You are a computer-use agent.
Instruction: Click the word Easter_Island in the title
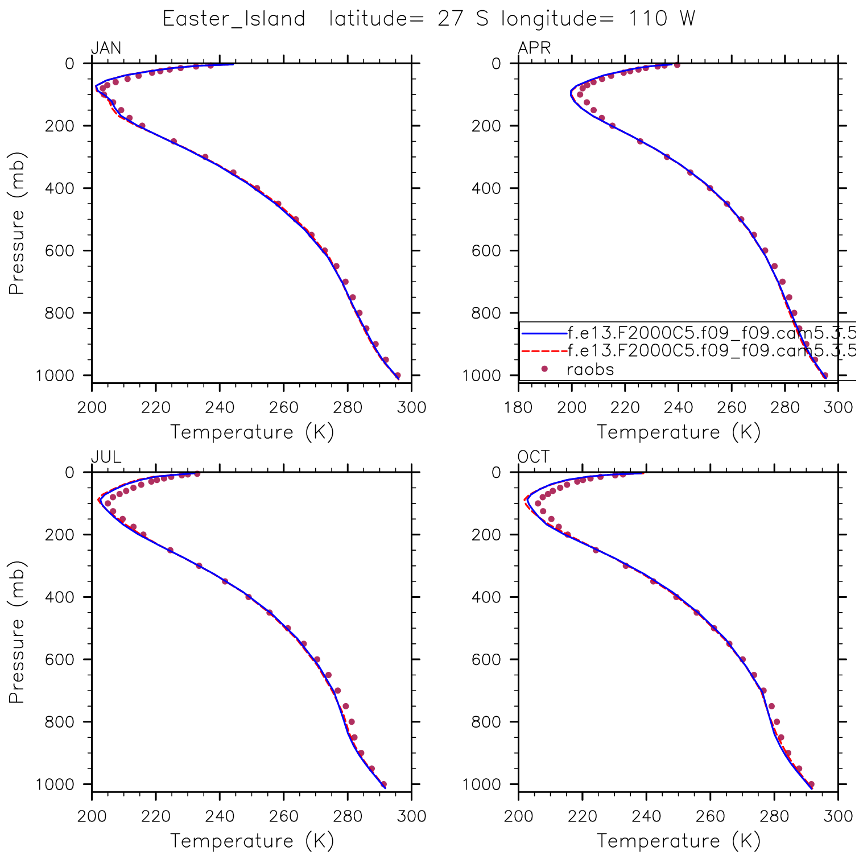(234, 19)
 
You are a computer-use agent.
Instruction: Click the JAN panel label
(106, 48)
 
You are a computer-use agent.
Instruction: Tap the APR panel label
(534, 48)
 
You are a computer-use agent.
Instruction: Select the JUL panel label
(106, 457)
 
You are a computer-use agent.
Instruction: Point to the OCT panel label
(534, 457)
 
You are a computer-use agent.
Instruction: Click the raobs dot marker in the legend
(544, 369)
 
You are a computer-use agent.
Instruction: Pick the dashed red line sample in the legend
(544, 351)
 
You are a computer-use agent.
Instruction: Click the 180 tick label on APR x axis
(518, 407)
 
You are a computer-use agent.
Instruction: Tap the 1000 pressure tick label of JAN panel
(55, 375)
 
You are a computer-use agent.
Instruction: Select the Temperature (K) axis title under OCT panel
(678, 841)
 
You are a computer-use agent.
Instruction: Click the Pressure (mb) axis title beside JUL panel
(17, 631)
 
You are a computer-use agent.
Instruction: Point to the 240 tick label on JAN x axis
(220, 407)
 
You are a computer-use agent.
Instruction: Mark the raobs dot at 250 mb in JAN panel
(174, 142)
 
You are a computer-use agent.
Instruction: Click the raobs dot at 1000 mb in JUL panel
(383, 784)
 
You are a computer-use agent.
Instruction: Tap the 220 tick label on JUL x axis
(156, 816)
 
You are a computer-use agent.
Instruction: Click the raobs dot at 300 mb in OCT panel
(626, 565)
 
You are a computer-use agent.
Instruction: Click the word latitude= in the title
(376, 19)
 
